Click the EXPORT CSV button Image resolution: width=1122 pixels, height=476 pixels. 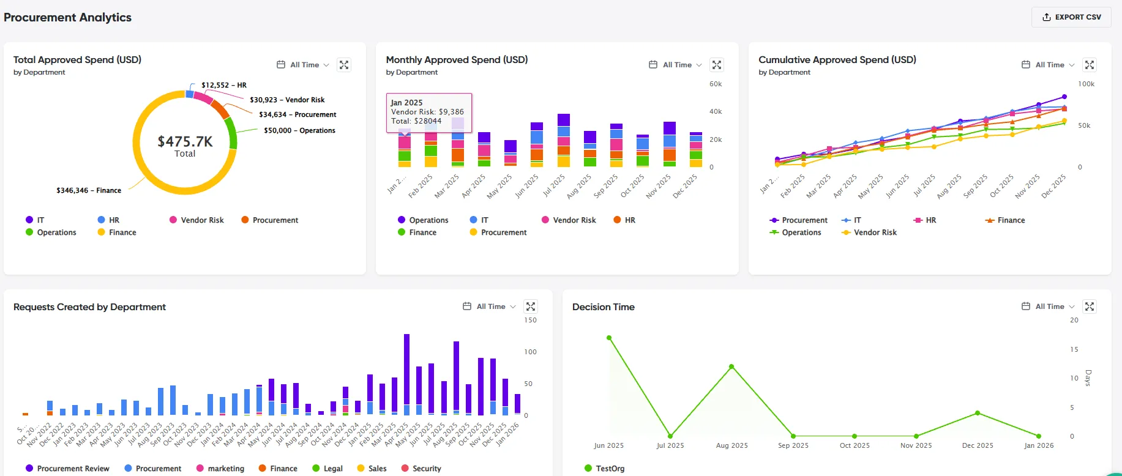(x=1071, y=17)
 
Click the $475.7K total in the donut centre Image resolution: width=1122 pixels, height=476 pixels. (x=185, y=141)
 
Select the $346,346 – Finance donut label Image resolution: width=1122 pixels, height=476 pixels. (x=89, y=190)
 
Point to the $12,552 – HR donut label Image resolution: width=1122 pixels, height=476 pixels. (x=224, y=85)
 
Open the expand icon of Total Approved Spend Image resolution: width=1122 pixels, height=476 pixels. (x=344, y=65)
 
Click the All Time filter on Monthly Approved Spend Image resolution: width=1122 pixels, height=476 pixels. (x=676, y=65)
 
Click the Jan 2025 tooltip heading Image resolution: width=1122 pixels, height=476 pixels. (x=406, y=103)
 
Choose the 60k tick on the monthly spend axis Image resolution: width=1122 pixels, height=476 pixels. (x=716, y=84)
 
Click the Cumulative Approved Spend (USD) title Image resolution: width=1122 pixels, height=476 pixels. (x=837, y=59)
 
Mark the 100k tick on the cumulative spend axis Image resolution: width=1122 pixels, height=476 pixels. (x=1086, y=84)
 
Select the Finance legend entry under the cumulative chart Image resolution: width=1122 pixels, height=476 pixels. (x=1005, y=220)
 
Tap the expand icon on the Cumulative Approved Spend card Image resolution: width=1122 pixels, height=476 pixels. (x=1090, y=65)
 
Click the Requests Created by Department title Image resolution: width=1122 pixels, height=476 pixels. (x=89, y=307)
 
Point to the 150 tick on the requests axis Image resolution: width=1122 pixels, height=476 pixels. (x=531, y=320)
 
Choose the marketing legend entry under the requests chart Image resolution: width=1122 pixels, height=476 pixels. (x=220, y=469)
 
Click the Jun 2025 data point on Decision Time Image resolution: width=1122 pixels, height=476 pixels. (x=609, y=338)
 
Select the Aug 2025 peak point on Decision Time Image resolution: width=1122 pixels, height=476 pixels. (x=731, y=366)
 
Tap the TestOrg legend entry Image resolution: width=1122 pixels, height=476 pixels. (x=605, y=469)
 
